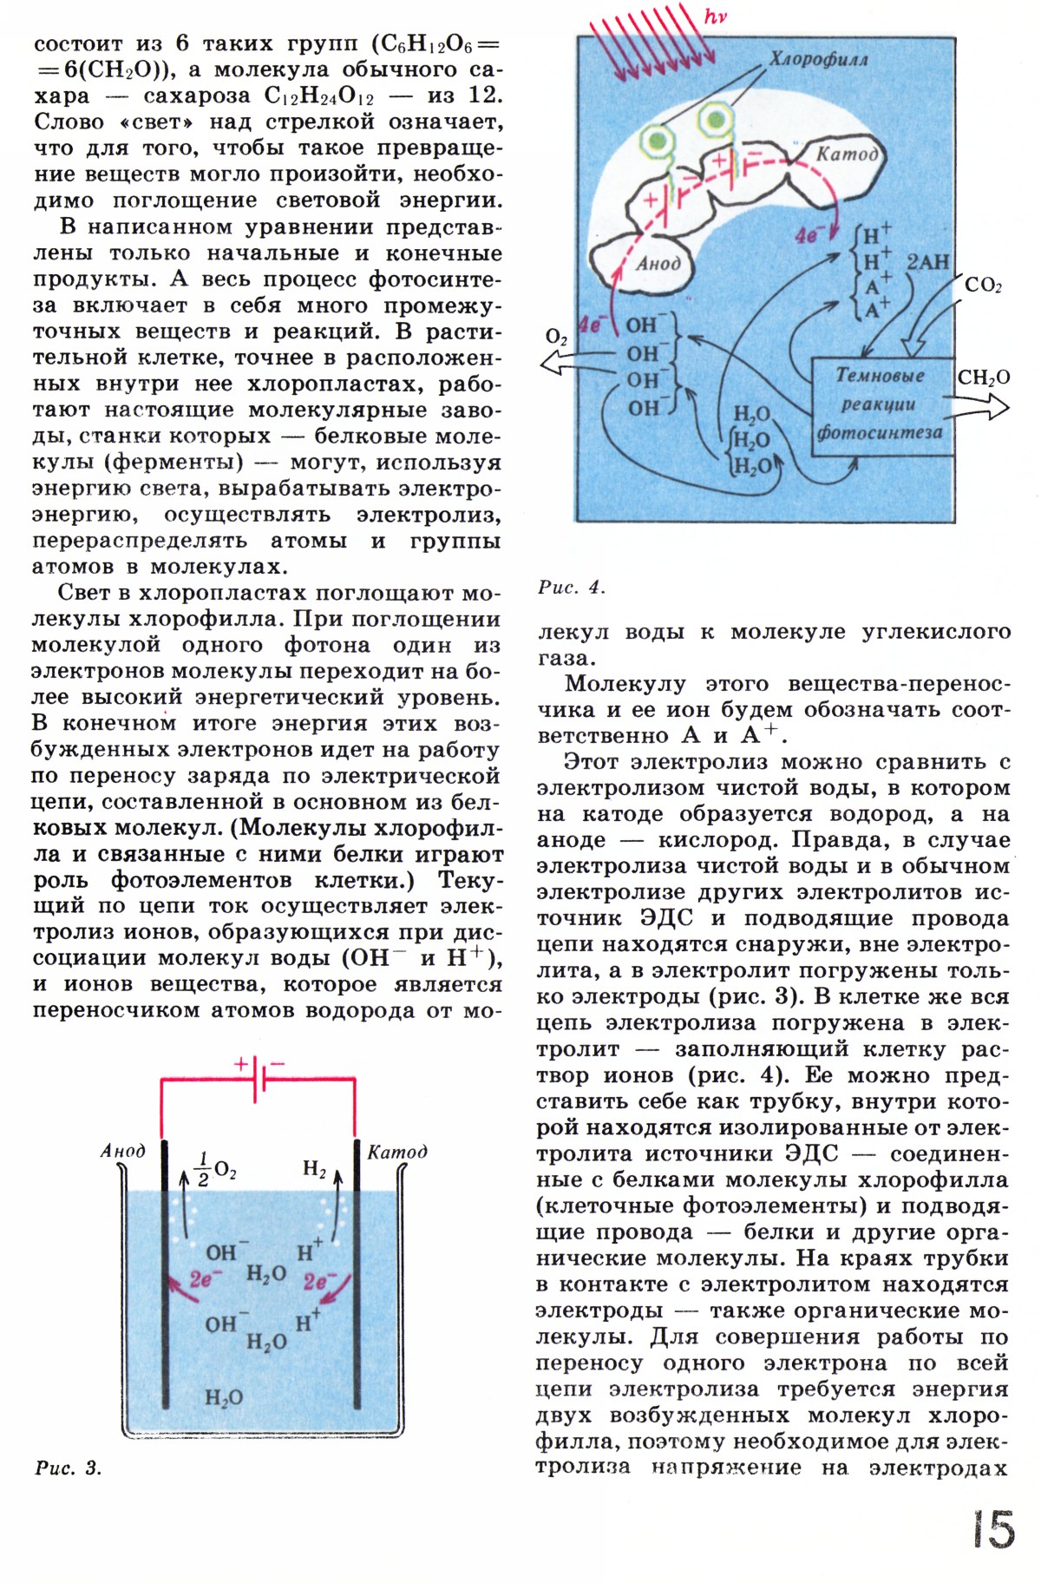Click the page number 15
993,1529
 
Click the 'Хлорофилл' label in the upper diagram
818,60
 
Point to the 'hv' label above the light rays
716,17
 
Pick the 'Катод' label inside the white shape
848,154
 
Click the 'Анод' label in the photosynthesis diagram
658,263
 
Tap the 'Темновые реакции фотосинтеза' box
880,404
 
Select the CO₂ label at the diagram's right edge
982,285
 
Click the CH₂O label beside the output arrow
984,378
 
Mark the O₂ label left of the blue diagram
556,337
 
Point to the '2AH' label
926,261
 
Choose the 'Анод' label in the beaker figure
123,1152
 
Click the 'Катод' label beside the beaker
397,1152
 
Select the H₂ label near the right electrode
314,1169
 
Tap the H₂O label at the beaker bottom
224,1397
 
